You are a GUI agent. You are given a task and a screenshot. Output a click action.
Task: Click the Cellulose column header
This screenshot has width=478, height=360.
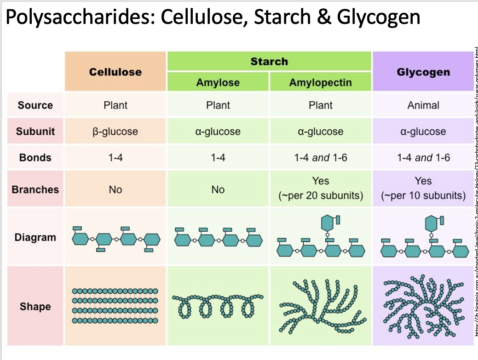click(115, 72)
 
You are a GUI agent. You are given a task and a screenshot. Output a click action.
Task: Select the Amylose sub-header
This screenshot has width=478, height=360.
click(218, 83)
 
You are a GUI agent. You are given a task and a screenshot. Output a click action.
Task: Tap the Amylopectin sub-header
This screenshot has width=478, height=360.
click(320, 83)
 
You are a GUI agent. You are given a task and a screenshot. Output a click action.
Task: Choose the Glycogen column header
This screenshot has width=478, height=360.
click(423, 72)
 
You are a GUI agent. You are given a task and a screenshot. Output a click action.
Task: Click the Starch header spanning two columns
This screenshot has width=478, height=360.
click(269, 61)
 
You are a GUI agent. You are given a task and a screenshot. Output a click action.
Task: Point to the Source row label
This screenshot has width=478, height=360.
click(35, 105)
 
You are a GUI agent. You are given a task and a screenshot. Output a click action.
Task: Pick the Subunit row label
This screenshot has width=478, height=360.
click(35, 131)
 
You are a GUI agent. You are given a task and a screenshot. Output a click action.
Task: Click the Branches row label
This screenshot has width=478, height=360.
click(35, 189)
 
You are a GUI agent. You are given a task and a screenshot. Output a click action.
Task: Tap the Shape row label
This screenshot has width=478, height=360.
click(35, 307)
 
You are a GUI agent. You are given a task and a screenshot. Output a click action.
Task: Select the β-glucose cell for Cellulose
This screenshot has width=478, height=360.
click(115, 131)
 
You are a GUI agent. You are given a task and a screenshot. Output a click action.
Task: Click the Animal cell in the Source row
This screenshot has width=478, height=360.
click(423, 105)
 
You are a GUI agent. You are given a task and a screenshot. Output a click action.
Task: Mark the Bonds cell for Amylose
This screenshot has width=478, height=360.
click(218, 158)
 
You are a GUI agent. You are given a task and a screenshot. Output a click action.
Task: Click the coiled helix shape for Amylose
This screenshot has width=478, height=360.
click(218, 306)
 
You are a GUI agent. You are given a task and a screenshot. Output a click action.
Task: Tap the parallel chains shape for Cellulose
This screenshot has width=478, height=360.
click(115, 306)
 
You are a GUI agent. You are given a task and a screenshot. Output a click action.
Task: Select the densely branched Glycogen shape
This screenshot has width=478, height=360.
click(423, 306)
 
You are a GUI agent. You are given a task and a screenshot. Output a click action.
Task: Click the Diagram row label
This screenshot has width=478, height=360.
click(35, 238)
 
